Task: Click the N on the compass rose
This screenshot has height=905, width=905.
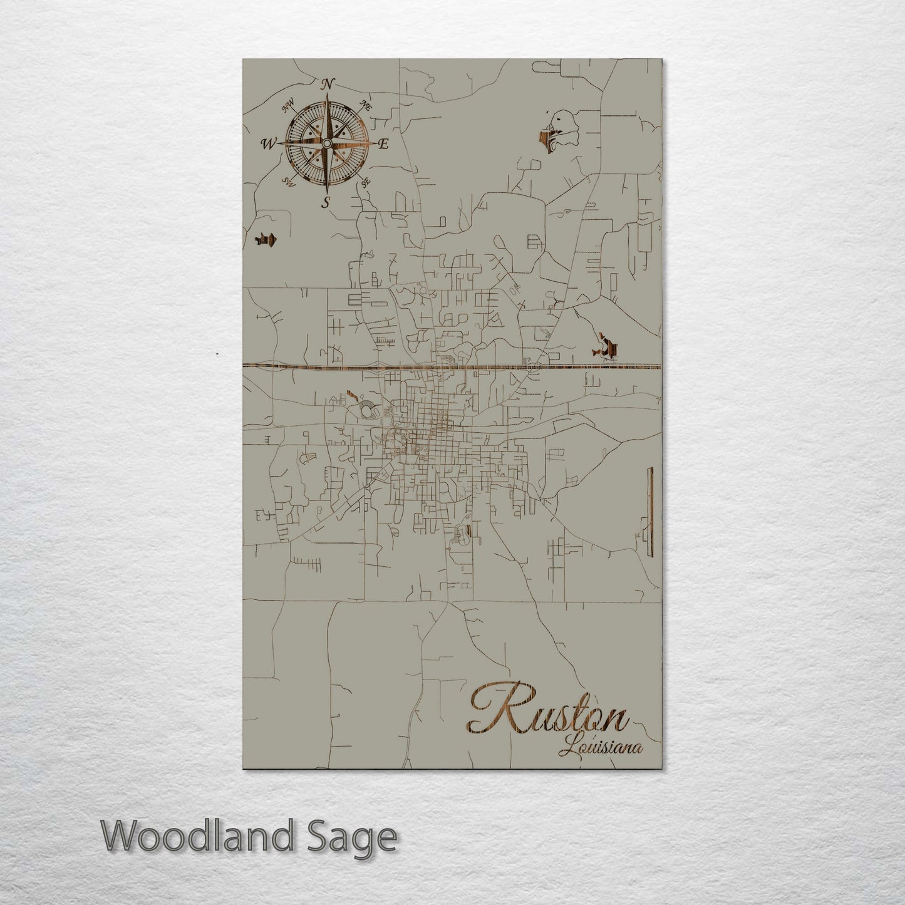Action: click(328, 83)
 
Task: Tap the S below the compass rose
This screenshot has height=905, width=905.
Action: click(325, 202)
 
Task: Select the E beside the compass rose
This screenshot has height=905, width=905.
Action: click(384, 144)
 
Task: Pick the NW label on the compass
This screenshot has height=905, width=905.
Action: click(289, 108)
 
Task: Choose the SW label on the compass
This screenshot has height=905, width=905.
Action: click(289, 182)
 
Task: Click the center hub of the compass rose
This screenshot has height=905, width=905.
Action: click(326, 144)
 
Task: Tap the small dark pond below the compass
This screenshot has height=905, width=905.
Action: click(267, 239)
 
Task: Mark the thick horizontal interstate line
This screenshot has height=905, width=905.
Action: click(451, 366)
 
